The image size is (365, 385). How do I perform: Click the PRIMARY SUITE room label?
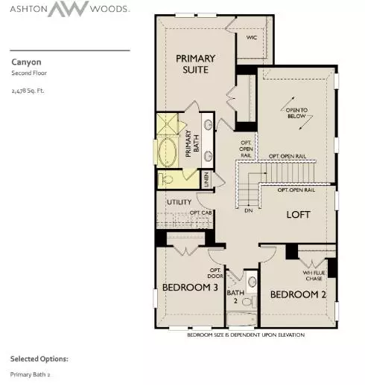click(x=195, y=64)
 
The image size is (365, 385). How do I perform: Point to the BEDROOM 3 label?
click(x=190, y=287)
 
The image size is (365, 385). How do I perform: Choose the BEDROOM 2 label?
click(x=298, y=295)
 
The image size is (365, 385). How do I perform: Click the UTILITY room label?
click(x=179, y=202)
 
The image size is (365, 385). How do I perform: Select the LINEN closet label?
click(x=206, y=179)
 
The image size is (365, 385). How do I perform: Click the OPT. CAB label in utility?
click(x=200, y=213)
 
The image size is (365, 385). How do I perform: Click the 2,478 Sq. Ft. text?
click(x=29, y=90)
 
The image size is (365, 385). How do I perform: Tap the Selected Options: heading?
click(x=39, y=358)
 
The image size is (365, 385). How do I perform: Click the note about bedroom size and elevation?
click(x=246, y=335)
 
